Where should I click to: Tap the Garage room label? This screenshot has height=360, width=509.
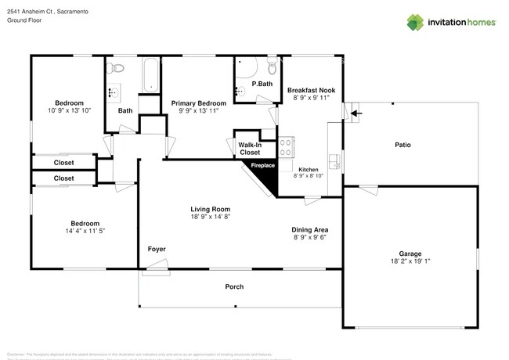410,253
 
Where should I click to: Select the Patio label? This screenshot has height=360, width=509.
403,145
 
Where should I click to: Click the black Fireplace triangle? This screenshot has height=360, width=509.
265,176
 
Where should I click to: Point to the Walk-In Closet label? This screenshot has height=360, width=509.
249,149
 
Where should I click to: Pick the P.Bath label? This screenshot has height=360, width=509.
262,84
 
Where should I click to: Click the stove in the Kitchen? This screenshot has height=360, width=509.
286,147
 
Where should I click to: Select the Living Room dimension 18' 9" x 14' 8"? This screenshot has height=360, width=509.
210,218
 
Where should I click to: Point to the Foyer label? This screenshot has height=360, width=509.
157,249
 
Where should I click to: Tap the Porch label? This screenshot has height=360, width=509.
234,286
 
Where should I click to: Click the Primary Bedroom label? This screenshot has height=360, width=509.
199,103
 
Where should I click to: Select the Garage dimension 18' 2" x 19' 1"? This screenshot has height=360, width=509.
410,261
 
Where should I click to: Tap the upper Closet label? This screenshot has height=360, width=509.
64,163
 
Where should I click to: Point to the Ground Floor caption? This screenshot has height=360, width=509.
23,20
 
